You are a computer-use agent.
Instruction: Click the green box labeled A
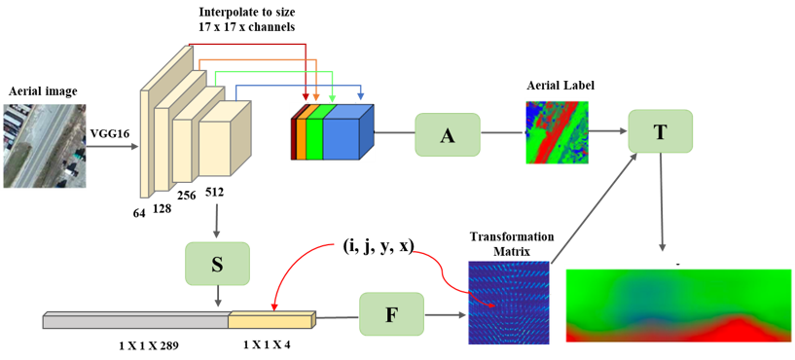pos(448,134)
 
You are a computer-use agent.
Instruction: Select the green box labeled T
pos(661,131)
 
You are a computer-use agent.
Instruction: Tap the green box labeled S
pos(217,263)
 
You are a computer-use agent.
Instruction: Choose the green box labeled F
pos(391,314)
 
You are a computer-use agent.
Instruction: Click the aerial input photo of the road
pos(44,146)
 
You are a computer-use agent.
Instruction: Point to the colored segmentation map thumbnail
pos(557,131)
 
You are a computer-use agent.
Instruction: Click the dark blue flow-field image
pos(509,302)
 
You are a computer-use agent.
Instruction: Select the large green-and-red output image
pos(678,304)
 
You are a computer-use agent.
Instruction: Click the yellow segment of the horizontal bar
pos(271,319)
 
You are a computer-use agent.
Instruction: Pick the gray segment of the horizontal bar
pos(135,320)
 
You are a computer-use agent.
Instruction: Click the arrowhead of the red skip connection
pos(307,97)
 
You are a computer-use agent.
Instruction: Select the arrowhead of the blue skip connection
pos(361,97)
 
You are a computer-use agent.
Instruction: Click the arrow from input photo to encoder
pos(112,147)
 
